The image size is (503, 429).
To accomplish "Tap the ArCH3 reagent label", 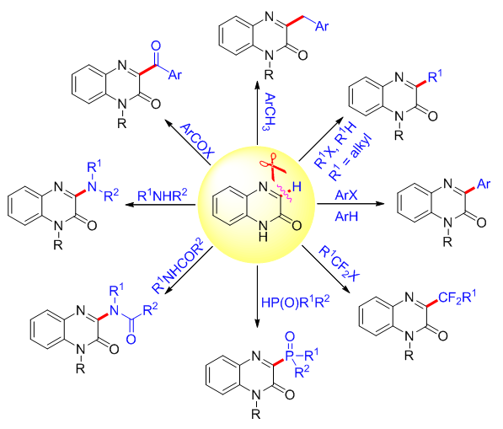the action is coord(270,111).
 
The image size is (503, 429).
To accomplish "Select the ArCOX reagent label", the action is coord(197,141).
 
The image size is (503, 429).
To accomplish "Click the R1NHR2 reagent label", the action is coord(162,195).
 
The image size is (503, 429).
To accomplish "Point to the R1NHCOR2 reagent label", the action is coord(178,265).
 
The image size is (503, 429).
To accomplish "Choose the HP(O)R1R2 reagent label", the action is coord(295,302).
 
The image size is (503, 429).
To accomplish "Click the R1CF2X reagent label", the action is coord(340,264).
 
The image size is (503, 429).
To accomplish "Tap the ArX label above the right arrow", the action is coord(346,195).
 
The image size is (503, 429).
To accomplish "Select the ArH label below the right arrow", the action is coord(346,217).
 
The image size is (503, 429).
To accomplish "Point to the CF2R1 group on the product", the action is coord(457,298).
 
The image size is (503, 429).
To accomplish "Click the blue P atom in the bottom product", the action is coord(289,356).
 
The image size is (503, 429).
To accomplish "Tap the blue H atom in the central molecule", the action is coord(297,187).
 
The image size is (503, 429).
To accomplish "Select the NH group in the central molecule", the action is coord(263,230).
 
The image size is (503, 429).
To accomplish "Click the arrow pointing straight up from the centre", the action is coord(257,113).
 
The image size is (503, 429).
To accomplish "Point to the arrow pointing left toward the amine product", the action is coord(160,205).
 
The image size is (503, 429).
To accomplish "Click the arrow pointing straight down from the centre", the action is coord(257,297).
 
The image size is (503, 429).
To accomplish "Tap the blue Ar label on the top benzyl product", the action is coord(322,26).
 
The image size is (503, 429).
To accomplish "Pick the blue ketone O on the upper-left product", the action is coord(156,46).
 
